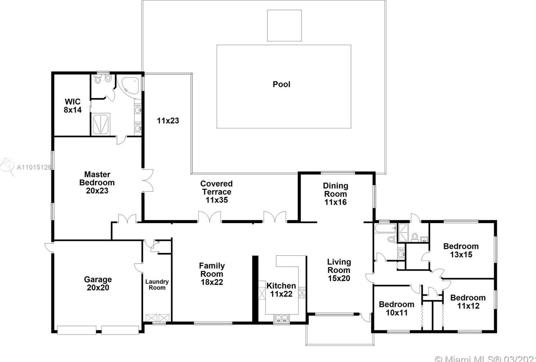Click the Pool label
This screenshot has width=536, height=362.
click(281, 84)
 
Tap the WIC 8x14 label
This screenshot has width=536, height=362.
click(73, 106)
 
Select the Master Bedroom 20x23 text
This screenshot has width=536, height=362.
click(97, 183)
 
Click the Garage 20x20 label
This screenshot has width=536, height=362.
click(98, 284)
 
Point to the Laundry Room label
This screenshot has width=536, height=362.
click(157, 285)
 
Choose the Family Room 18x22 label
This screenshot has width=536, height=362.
click(212, 274)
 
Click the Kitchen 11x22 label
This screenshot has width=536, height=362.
click(281, 290)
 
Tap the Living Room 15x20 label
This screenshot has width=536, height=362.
click(339, 270)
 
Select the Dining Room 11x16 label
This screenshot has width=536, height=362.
click(336, 194)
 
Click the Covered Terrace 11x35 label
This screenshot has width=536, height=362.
click(217, 192)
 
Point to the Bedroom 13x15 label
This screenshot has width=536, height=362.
click(461, 250)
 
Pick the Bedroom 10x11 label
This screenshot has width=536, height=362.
click(396, 309)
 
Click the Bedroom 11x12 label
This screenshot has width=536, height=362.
click(468, 302)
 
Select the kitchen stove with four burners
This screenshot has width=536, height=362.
click(302, 292)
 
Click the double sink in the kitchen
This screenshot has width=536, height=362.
click(281, 318)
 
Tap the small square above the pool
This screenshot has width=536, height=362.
click(284, 26)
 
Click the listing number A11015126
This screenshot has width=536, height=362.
click(34, 167)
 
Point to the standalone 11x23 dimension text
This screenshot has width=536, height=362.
click(168, 121)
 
